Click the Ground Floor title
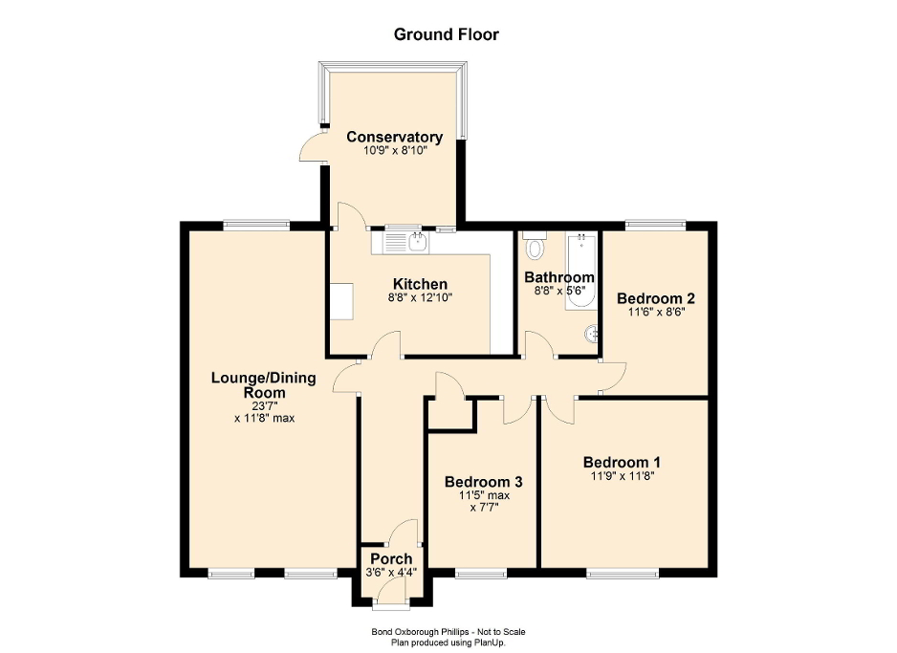click(x=447, y=34)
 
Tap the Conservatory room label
click(x=394, y=137)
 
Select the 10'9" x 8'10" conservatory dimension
click(x=394, y=151)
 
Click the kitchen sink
click(x=417, y=242)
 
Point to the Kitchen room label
click(x=420, y=284)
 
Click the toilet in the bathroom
click(x=536, y=248)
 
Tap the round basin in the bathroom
click(x=593, y=334)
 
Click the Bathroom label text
click(x=559, y=277)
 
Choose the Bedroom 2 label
click(x=656, y=297)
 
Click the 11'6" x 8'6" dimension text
click(x=656, y=312)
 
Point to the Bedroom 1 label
click(x=622, y=463)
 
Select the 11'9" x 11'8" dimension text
click(x=622, y=477)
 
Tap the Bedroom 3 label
click(x=483, y=482)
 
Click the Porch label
click(x=391, y=558)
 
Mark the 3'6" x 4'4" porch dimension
click(x=391, y=573)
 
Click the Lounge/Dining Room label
click(x=263, y=384)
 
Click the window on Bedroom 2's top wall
click(x=655, y=225)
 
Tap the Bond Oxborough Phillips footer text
click(x=448, y=631)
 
